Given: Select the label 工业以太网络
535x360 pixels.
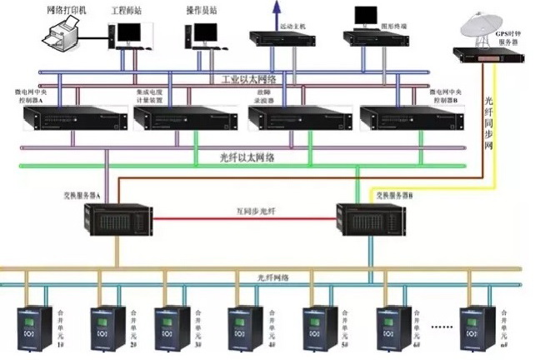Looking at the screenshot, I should [x=249, y=79].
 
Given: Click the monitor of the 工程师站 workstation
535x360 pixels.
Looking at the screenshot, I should [x=128, y=32].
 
